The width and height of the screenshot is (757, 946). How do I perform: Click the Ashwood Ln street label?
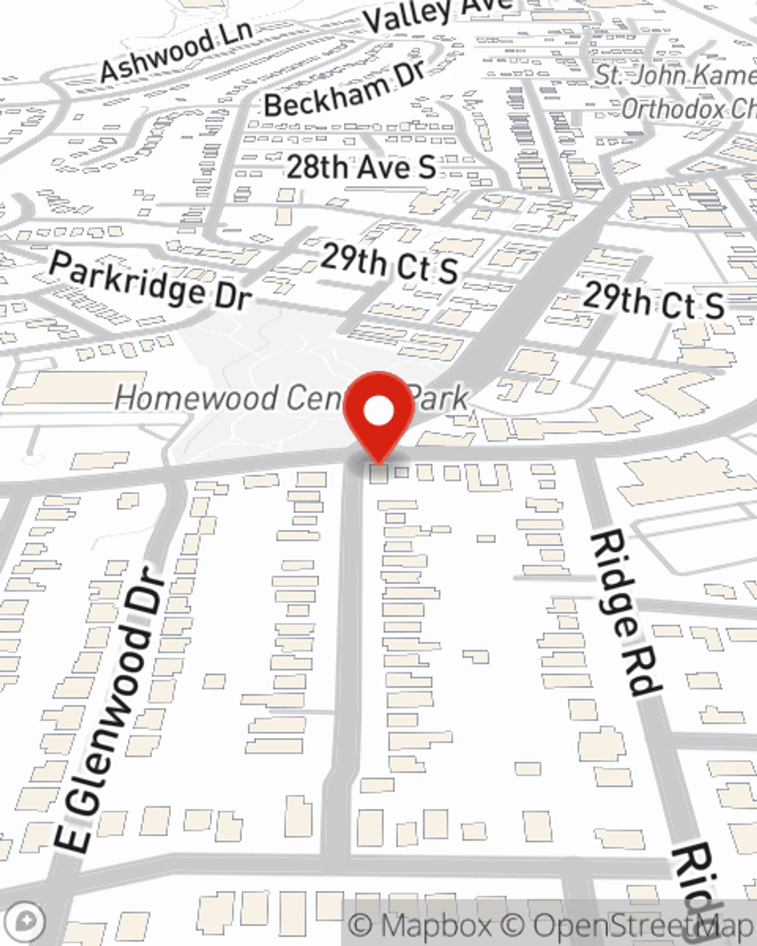[x=176, y=51]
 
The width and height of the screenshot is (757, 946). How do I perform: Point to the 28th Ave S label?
[x=361, y=167]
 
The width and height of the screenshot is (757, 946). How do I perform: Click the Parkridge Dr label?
[x=149, y=281]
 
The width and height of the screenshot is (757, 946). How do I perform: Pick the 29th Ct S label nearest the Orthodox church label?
[x=653, y=300]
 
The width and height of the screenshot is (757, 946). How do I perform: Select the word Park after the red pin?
[x=441, y=398]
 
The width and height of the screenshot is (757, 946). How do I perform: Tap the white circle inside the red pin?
[x=378, y=411]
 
